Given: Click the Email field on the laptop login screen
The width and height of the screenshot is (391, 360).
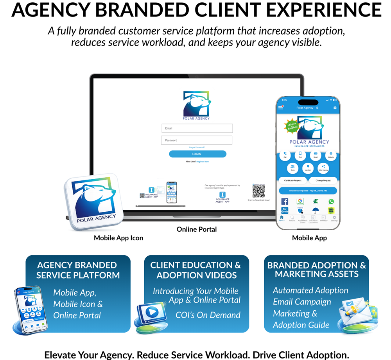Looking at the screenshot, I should (x=197, y=128).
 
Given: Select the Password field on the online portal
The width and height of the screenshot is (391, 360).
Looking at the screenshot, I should (x=197, y=140).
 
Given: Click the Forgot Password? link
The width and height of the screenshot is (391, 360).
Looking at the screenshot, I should (x=197, y=148).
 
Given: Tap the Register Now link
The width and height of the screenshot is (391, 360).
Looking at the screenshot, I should (x=203, y=162).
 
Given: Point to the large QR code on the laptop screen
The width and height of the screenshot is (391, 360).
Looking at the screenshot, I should (x=258, y=191).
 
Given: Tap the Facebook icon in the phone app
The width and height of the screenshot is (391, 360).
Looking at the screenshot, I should (x=285, y=202).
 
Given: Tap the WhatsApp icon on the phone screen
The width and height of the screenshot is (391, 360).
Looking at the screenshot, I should (x=331, y=202).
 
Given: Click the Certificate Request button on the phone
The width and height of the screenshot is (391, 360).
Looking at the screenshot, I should (x=292, y=180).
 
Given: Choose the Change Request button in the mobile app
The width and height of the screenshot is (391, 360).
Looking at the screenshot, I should (x=323, y=180).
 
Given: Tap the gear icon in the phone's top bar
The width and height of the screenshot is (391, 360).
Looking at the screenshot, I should (x=335, y=108).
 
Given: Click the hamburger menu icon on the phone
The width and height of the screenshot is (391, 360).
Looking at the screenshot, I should (x=281, y=108).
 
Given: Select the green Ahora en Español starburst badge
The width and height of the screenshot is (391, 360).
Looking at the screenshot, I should (x=291, y=126).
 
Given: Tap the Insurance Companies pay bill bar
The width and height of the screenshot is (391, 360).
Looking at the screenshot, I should (x=308, y=191).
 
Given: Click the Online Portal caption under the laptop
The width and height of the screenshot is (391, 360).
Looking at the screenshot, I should (x=197, y=229).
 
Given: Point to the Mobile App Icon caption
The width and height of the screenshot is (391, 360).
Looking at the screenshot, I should (x=118, y=238).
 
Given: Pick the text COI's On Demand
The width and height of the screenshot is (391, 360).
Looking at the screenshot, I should (x=208, y=315).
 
